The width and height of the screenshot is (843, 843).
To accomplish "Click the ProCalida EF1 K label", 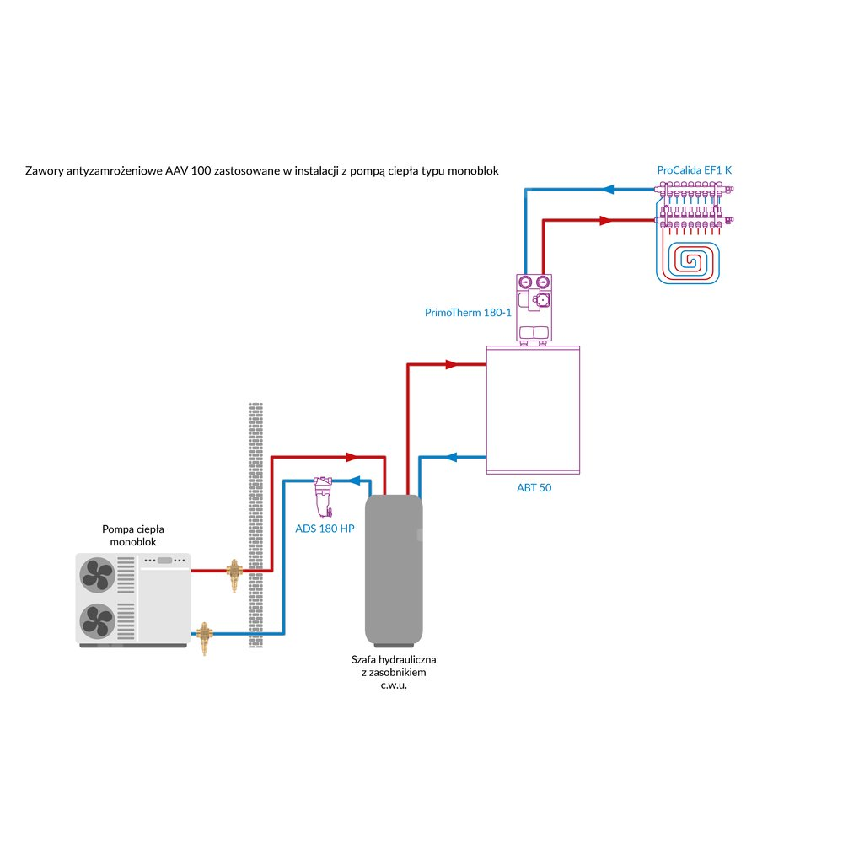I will click(x=695, y=170).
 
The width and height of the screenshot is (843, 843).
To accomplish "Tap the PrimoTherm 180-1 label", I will click(x=468, y=313).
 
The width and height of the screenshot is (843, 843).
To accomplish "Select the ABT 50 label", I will click(x=534, y=487).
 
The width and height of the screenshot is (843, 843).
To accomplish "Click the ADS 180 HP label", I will click(x=325, y=529).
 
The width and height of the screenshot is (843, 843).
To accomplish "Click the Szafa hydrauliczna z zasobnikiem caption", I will click(x=394, y=672).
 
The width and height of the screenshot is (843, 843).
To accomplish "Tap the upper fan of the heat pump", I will click(x=96, y=577).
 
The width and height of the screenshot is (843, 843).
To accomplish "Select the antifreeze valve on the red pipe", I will click(x=234, y=573).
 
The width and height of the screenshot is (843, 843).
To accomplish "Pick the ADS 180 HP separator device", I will click(x=322, y=497).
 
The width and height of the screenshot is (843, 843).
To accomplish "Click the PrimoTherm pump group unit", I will click(x=534, y=309).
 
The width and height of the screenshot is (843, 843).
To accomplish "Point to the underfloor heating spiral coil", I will click(x=689, y=261).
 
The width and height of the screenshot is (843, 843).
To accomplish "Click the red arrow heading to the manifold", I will click(x=604, y=221).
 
